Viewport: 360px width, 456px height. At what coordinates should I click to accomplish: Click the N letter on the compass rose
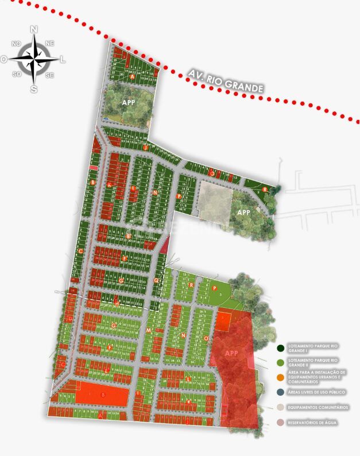(34, 29)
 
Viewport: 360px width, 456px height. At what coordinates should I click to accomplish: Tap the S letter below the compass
(34, 89)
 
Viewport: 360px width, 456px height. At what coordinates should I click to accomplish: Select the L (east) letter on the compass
(63, 59)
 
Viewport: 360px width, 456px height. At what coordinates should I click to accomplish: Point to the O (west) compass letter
(4, 59)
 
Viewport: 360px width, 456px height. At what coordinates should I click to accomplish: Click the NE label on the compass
(49, 43)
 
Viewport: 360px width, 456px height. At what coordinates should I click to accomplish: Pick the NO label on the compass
(16, 44)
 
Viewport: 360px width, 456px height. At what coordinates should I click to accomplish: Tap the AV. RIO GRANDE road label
(226, 81)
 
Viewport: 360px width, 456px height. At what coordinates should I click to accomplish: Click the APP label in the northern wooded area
(129, 102)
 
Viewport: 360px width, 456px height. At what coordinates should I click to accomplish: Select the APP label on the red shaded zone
(231, 353)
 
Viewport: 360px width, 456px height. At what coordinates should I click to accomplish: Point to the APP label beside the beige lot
(244, 212)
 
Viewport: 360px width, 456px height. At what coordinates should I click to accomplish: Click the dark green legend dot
(280, 348)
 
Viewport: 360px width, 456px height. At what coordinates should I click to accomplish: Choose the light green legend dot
(280, 362)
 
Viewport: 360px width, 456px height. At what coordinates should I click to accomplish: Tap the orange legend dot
(280, 377)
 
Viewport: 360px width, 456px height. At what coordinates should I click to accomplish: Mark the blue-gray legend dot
(280, 392)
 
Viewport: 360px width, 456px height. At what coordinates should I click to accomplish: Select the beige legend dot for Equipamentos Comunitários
(280, 407)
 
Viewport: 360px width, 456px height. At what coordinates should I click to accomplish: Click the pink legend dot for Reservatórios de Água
(280, 423)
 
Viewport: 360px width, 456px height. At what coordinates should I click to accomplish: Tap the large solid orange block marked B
(102, 395)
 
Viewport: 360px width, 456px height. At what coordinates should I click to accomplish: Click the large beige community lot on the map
(215, 200)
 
